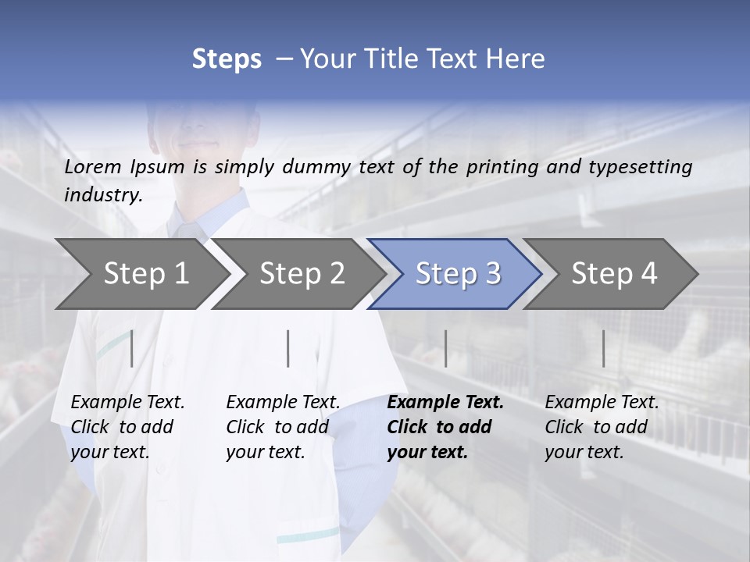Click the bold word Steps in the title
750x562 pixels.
[227, 59]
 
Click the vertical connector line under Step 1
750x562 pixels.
[131, 348]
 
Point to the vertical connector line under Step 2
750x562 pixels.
[288, 348]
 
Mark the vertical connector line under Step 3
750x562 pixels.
[445, 348]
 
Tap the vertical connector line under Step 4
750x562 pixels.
[603, 348]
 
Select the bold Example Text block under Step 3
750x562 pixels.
[445, 427]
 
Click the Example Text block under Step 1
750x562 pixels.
[127, 427]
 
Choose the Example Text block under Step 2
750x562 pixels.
[283, 427]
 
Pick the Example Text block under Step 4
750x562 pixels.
[602, 427]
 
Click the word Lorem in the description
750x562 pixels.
[94, 166]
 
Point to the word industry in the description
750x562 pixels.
[102, 195]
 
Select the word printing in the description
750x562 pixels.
[502, 167]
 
